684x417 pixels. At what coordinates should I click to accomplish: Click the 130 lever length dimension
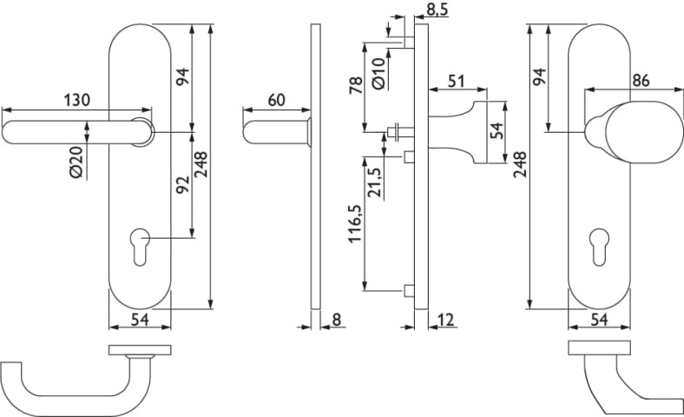point(76,99)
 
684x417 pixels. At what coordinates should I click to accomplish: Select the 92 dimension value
point(183,184)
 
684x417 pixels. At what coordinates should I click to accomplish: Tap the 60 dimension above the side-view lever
point(276,99)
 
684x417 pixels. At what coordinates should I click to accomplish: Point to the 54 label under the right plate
point(598,320)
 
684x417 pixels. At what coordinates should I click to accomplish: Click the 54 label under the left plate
point(140,320)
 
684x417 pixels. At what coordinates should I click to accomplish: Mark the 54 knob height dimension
point(497,130)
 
